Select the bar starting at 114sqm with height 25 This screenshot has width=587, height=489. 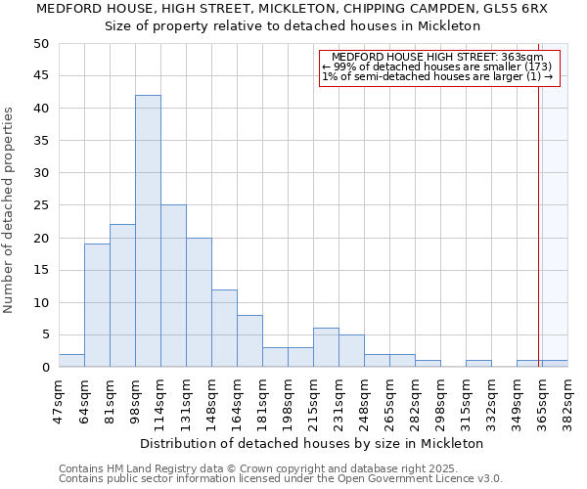point(173,286)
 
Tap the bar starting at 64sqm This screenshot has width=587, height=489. point(97,305)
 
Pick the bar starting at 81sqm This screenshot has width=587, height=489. point(122,295)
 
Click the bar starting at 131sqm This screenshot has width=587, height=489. point(199,302)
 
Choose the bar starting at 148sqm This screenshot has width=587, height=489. point(224,329)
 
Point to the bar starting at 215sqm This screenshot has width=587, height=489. point(326,347)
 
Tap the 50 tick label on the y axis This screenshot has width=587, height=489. point(40,44)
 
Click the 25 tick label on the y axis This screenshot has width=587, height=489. point(40,205)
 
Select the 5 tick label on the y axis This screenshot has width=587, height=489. point(44,334)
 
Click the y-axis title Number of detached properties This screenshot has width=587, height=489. point(9,210)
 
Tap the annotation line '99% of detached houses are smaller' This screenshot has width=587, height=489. point(437,67)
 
